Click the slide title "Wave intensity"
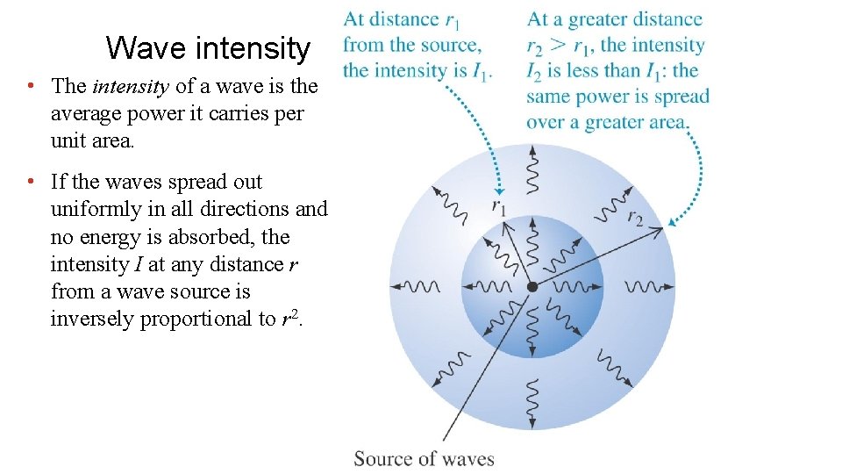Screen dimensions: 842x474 click(208, 47)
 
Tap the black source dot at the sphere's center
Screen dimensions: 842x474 click(532, 287)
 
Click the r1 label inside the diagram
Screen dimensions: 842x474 click(499, 208)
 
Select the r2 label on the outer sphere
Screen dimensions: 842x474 click(635, 217)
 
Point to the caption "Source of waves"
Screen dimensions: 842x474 click(424, 458)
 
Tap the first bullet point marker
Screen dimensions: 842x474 click(31, 86)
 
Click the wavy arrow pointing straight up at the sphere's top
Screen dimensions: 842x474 click(532, 170)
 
